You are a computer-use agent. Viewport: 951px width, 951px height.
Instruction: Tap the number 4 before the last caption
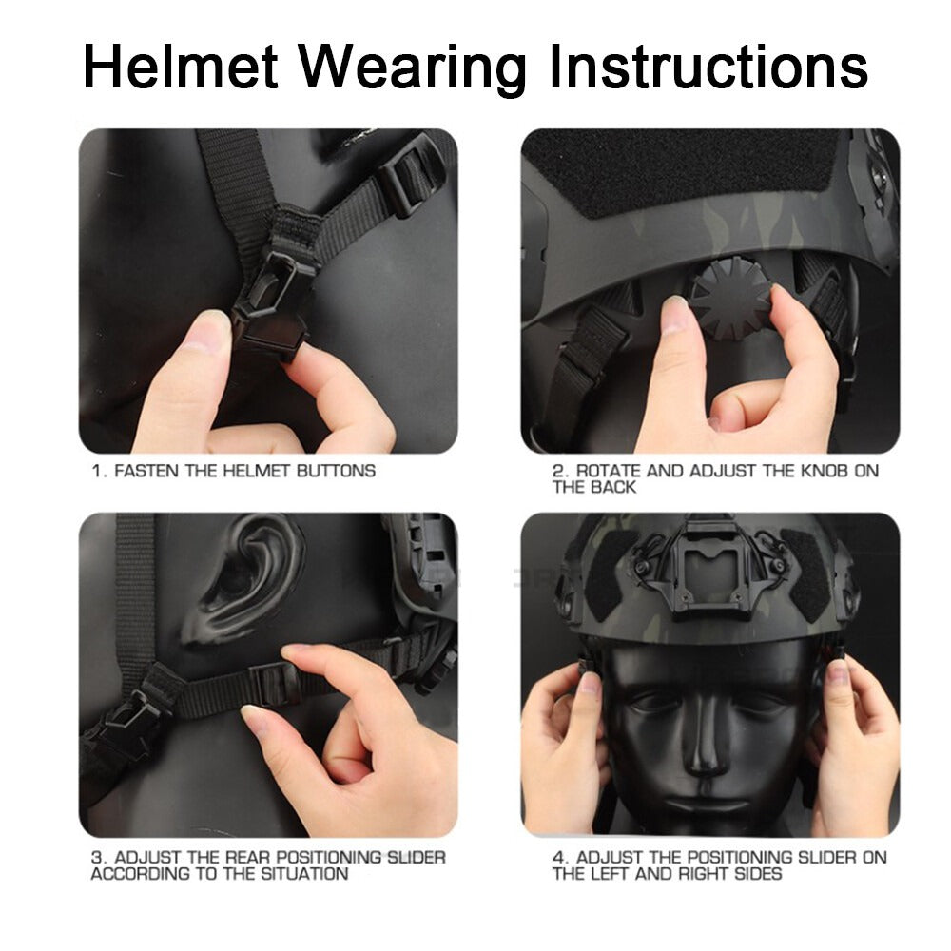click(558, 858)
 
